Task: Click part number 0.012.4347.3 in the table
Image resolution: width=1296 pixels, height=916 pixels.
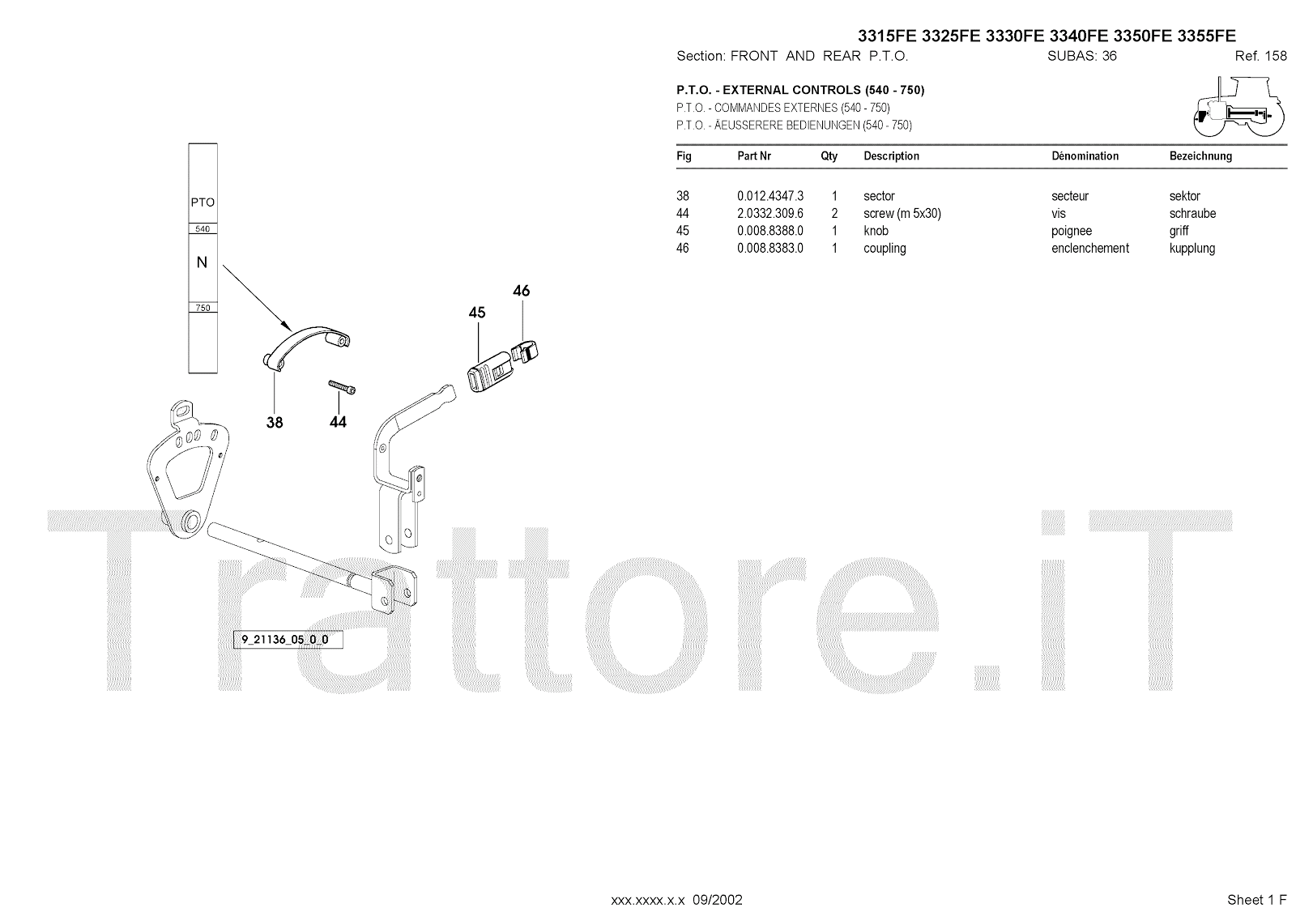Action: [x=769, y=196]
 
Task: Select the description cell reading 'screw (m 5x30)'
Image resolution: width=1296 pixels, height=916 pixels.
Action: [x=902, y=214]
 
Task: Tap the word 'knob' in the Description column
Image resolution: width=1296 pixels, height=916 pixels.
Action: [x=876, y=231]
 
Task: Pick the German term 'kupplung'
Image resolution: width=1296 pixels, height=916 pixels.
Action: [x=1192, y=249]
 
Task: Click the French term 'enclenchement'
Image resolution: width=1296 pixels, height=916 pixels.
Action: [x=1089, y=249]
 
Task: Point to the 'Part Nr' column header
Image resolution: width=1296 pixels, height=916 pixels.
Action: [x=753, y=156]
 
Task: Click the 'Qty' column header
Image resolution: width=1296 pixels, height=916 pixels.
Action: [x=829, y=156]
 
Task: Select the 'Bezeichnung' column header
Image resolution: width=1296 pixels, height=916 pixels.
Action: [x=1200, y=156]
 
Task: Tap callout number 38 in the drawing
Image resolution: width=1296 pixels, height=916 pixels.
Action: [x=275, y=422]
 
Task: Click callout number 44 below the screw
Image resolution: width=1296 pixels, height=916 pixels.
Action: [x=338, y=422]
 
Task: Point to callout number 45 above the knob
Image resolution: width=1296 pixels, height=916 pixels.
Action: [x=477, y=313]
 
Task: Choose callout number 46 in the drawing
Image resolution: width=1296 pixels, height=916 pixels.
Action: [x=522, y=291]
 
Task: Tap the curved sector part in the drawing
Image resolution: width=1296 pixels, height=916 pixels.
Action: [x=307, y=344]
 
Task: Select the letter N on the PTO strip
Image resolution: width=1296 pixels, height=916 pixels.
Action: [x=202, y=262]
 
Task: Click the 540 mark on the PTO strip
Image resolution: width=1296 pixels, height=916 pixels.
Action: [x=202, y=229]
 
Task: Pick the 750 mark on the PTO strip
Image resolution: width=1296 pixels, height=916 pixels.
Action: [x=202, y=308]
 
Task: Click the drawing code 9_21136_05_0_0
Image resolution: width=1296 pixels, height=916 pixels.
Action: [x=287, y=640]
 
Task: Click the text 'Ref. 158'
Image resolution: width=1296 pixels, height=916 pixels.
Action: [x=1260, y=56]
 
